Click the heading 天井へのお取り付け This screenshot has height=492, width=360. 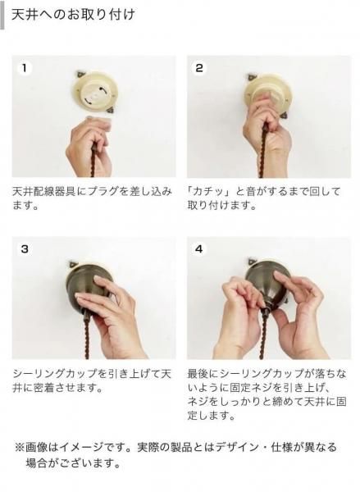tap(73, 15)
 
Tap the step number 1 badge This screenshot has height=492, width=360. tap(24, 68)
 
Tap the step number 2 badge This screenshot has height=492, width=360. tap(199, 68)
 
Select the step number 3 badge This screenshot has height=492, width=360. tap(25, 249)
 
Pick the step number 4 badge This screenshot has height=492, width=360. tap(199, 249)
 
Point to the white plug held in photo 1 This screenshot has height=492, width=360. tap(99, 122)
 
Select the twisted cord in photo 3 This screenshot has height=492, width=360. tap(88, 335)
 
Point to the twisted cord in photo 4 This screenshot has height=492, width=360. tap(264, 335)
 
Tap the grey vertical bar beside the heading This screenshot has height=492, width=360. tap(2, 15)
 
